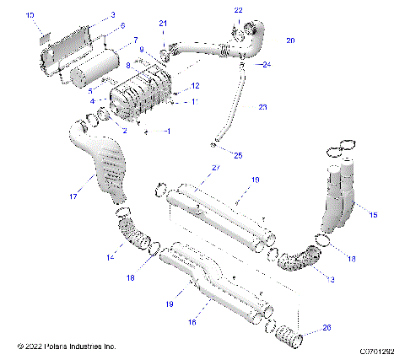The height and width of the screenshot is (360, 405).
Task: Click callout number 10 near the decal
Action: click(30, 15)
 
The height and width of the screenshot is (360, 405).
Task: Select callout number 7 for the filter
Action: click(136, 40)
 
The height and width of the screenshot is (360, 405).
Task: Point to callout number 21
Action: click(164, 23)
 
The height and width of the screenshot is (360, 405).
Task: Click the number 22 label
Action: click(238, 10)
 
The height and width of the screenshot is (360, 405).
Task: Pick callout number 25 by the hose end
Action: click(237, 155)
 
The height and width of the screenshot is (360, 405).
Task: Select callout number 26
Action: click(327, 329)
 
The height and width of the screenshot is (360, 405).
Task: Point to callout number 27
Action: click(215, 169)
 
